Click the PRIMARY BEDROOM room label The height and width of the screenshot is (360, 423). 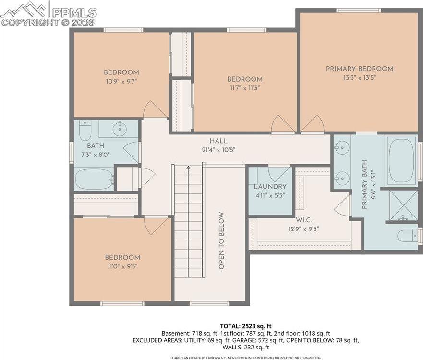pyautogui.click(x=359, y=69)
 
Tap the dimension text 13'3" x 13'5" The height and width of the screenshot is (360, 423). pyautogui.click(x=359, y=78)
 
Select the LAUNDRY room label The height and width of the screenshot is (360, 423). pyautogui.click(x=270, y=186)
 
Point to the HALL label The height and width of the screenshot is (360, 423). pyautogui.click(x=218, y=141)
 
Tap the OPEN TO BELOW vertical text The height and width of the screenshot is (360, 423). pyautogui.click(x=221, y=240)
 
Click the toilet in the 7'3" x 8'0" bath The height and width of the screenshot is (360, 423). pyautogui.click(x=85, y=130)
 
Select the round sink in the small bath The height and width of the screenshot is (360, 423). pyautogui.click(x=119, y=129)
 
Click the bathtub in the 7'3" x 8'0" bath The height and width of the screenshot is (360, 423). pyautogui.click(x=94, y=179)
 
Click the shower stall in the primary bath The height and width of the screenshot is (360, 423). pyautogui.click(x=402, y=205)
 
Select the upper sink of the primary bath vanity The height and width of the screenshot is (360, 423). pyautogui.click(x=341, y=147)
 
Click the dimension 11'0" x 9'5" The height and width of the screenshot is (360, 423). pyautogui.click(x=122, y=266)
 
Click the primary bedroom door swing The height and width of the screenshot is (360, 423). pyautogui.click(x=313, y=124)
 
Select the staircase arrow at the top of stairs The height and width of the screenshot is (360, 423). pyautogui.click(x=188, y=168)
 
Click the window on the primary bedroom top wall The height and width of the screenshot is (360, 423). pyautogui.click(x=358, y=10)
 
